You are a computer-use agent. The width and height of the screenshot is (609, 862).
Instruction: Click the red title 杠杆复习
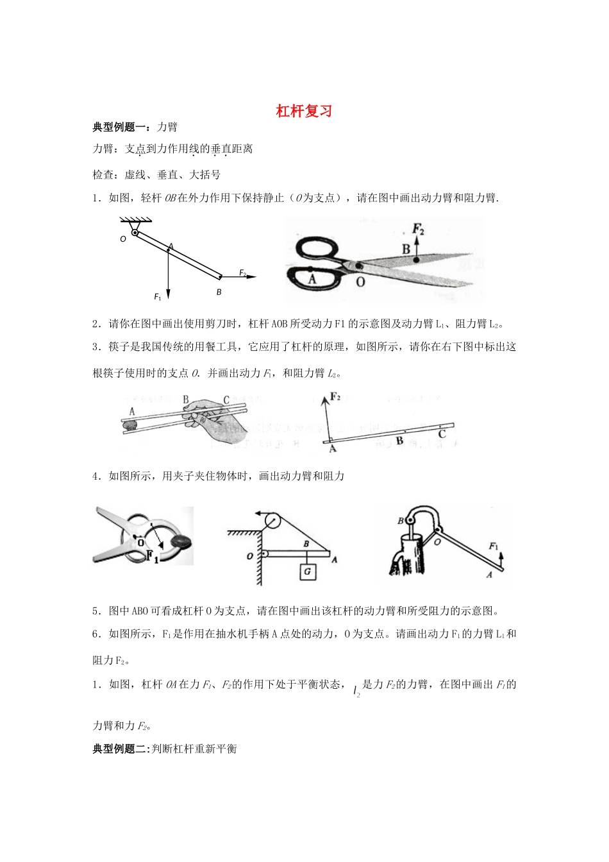pyautogui.click(x=304, y=111)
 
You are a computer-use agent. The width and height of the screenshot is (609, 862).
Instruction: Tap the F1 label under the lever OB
pyautogui.click(x=158, y=297)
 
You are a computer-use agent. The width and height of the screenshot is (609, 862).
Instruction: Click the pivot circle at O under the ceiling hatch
pyautogui.click(x=135, y=232)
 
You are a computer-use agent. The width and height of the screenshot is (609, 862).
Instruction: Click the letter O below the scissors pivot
pyautogui.click(x=360, y=281)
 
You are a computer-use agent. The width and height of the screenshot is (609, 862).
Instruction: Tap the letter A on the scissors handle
pyautogui.click(x=312, y=279)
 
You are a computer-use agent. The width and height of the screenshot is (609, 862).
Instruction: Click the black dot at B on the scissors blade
pyautogui.click(x=417, y=260)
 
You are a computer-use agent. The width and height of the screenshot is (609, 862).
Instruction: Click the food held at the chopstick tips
pyautogui.click(x=130, y=424)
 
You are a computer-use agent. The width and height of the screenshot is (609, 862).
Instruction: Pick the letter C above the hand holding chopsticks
pyautogui.click(x=226, y=400)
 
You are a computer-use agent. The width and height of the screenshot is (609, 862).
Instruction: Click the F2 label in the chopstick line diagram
pyautogui.click(x=335, y=396)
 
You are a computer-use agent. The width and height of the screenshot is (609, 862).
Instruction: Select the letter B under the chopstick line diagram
pyautogui.click(x=399, y=442)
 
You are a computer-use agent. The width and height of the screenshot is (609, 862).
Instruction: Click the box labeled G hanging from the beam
pyautogui.click(x=307, y=571)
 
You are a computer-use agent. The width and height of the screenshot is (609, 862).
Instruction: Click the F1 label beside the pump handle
pyautogui.click(x=494, y=546)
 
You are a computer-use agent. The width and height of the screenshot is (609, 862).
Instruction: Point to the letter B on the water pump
pyautogui.click(x=401, y=521)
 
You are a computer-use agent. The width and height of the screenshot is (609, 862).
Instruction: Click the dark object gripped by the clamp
pyautogui.click(x=182, y=542)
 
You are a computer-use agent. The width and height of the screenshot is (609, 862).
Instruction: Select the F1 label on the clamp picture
pyautogui.click(x=152, y=555)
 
